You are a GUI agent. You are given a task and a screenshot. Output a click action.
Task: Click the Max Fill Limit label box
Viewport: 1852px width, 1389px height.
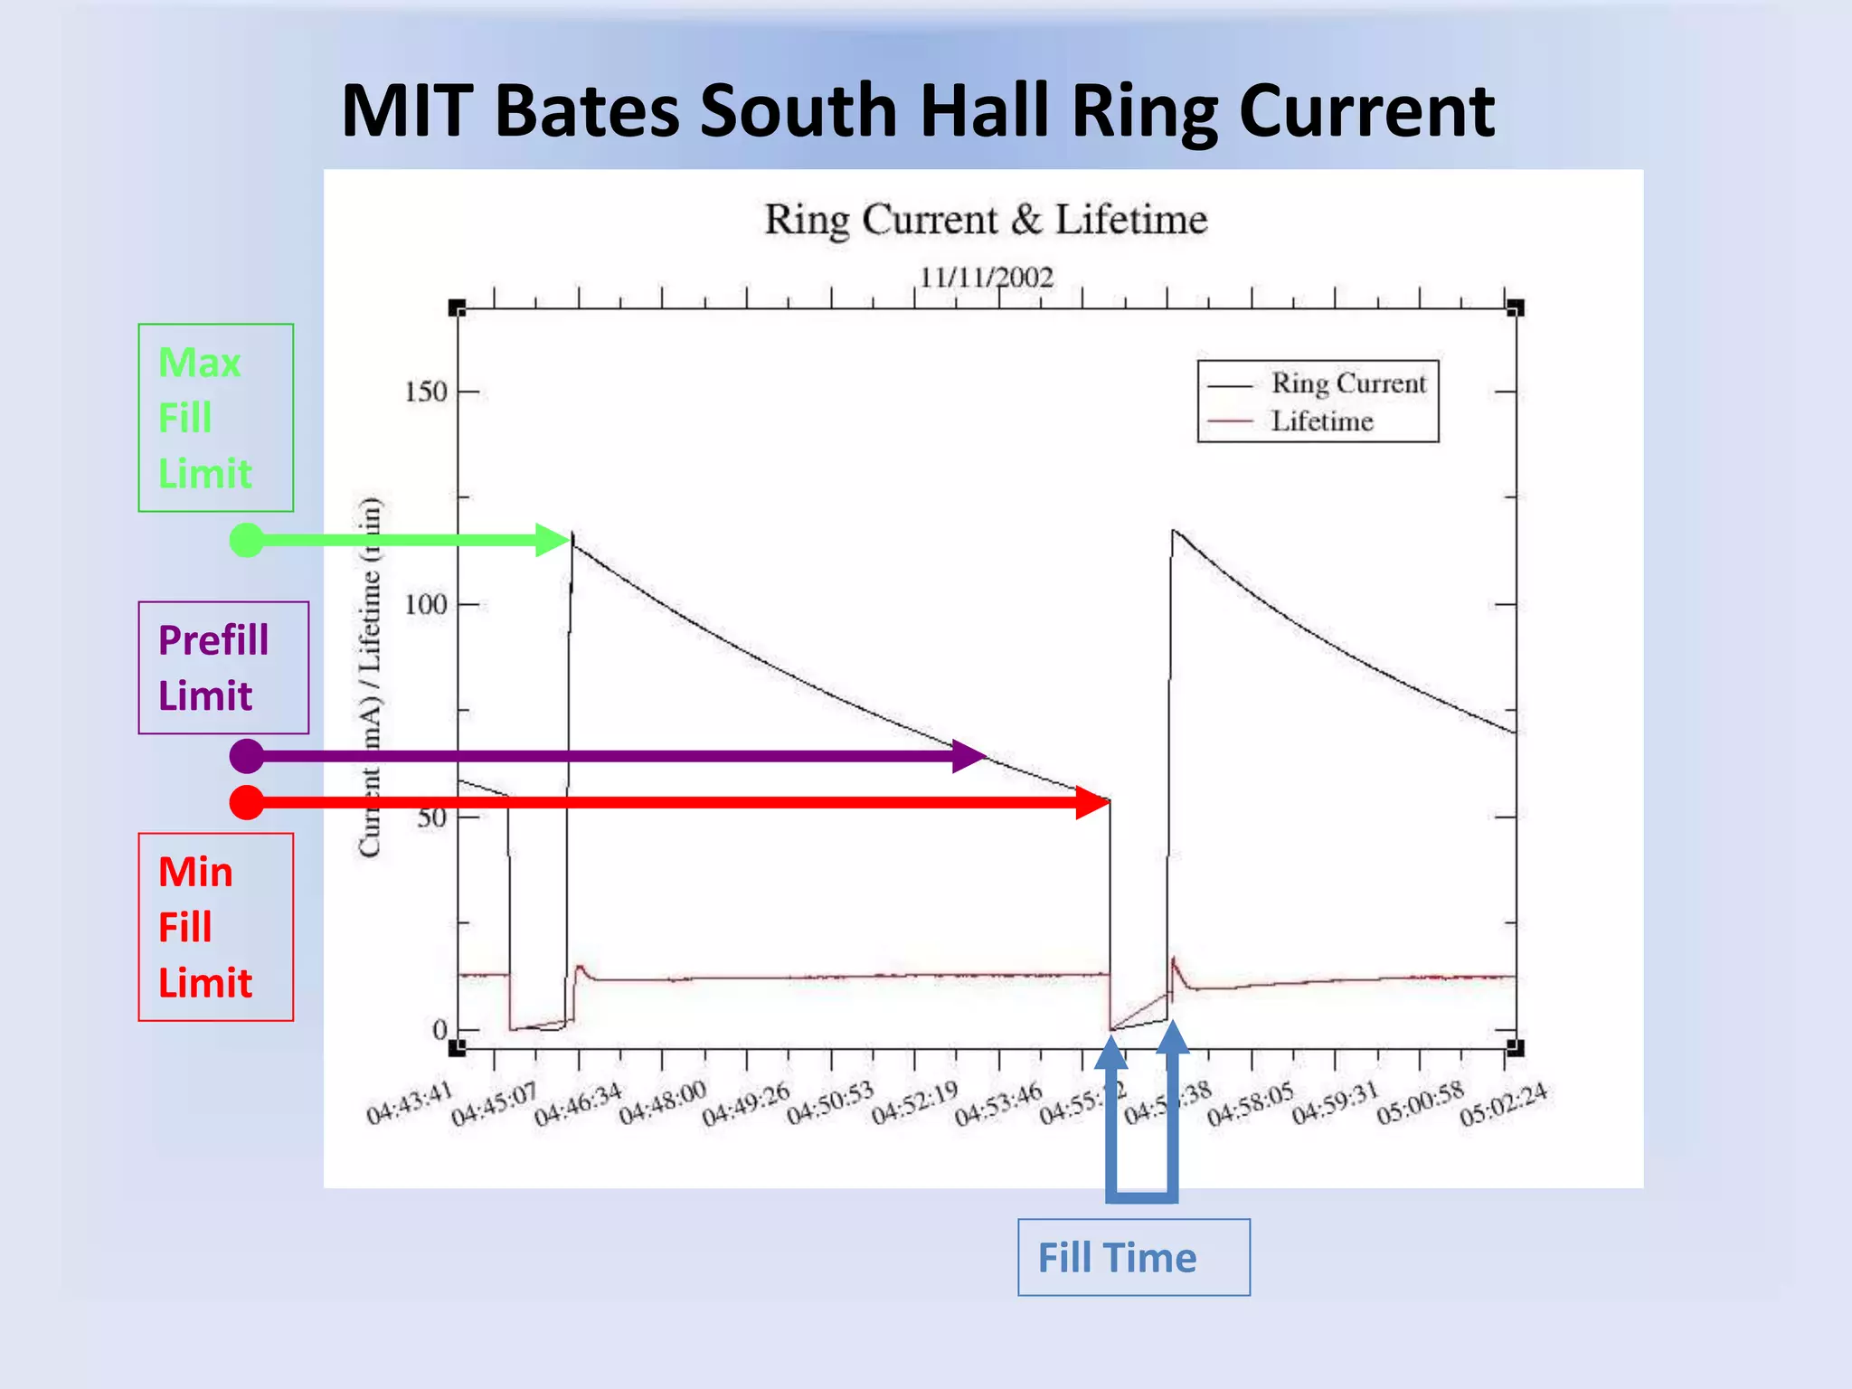point(215,418)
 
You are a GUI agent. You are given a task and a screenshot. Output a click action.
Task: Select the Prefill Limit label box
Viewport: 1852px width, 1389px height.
point(223,667)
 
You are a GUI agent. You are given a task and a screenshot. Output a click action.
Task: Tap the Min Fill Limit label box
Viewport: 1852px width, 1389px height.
point(215,927)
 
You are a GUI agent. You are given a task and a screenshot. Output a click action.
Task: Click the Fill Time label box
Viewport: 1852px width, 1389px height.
point(1133,1257)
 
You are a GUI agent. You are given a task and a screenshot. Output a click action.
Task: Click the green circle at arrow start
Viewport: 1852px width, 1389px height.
point(247,540)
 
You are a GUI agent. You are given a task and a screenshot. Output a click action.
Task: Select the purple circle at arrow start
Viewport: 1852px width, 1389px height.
point(247,755)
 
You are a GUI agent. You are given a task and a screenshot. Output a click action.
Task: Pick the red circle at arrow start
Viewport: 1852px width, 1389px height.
point(247,802)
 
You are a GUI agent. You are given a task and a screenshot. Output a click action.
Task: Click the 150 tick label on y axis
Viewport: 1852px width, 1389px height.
point(426,392)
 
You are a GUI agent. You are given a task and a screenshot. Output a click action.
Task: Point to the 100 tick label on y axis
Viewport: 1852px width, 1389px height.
point(426,604)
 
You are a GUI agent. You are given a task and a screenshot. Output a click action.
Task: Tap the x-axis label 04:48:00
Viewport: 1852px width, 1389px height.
point(662,1103)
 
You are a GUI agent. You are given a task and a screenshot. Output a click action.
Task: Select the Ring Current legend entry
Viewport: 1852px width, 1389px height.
point(1347,383)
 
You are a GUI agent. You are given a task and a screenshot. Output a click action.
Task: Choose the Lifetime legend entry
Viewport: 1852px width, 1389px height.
point(1321,421)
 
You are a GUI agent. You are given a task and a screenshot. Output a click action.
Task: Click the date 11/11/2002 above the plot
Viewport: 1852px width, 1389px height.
point(987,277)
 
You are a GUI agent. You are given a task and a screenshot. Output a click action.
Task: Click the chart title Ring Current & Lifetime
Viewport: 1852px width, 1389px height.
point(986,220)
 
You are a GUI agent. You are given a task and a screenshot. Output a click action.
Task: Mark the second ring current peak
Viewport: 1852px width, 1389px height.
point(1174,531)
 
